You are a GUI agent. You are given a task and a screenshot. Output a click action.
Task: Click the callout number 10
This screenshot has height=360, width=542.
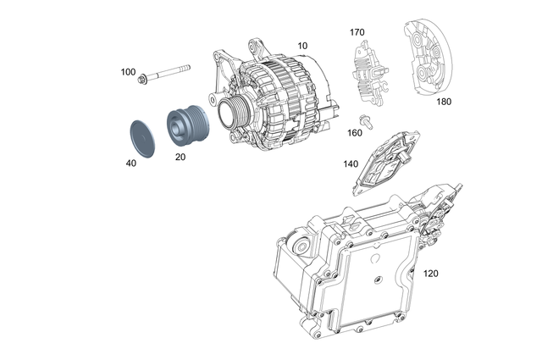(302, 44)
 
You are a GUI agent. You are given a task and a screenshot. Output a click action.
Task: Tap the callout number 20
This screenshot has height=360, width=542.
(180, 157)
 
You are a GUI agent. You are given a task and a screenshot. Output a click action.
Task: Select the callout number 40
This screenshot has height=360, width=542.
(130, 163)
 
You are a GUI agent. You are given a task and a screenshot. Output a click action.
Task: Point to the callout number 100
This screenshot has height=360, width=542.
(128, 72)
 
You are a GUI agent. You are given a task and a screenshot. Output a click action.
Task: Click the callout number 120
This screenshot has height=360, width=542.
(430, 274)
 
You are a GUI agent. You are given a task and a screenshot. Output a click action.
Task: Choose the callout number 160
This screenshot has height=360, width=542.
(355, 132)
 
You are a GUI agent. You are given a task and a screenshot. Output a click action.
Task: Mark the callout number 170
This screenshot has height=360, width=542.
(357, 32)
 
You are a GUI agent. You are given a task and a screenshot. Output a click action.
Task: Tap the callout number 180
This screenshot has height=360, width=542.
(444, 101)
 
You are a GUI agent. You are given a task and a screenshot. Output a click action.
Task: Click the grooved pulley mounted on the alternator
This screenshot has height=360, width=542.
(230, 110)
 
